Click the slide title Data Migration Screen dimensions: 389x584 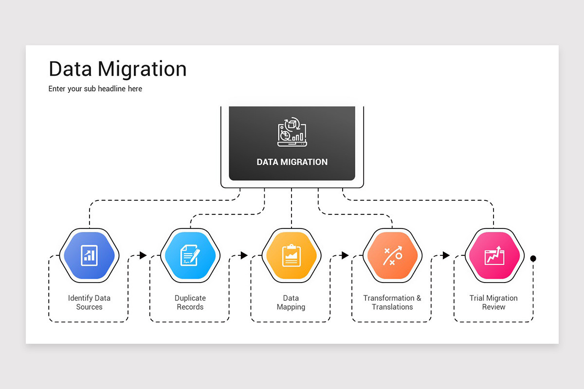[x=117, y=69]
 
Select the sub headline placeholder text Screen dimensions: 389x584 [x=95, y=89]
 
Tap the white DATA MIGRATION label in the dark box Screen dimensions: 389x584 [x=292, y=162]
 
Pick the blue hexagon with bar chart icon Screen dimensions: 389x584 [x=89, y=255]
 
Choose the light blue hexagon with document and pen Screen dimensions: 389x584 [x=190, y=255]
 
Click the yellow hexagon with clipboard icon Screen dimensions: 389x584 [x=292, y=255]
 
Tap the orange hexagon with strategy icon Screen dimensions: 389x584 [x=393, y=255]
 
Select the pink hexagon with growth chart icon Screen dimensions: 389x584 [x=494, y=255]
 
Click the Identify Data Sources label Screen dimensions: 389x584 [x=89, y=302]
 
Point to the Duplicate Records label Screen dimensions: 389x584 [x=190, y=302]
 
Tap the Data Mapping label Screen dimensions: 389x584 [x=291, y=302]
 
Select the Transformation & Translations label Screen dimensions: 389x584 [x=392, y=302]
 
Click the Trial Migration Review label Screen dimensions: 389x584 [x=493, y=302]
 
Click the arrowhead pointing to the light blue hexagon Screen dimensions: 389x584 [x=143, y=255]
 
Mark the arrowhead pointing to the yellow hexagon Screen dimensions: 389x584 [x=244, y=255]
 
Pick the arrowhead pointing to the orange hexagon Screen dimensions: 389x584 [x=345, y=255]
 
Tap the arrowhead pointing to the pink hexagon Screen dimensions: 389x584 [x=446, y=255]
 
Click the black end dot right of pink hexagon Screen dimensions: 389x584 [x=533, y=259]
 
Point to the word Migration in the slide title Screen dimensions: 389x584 [x=142, y=69]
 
